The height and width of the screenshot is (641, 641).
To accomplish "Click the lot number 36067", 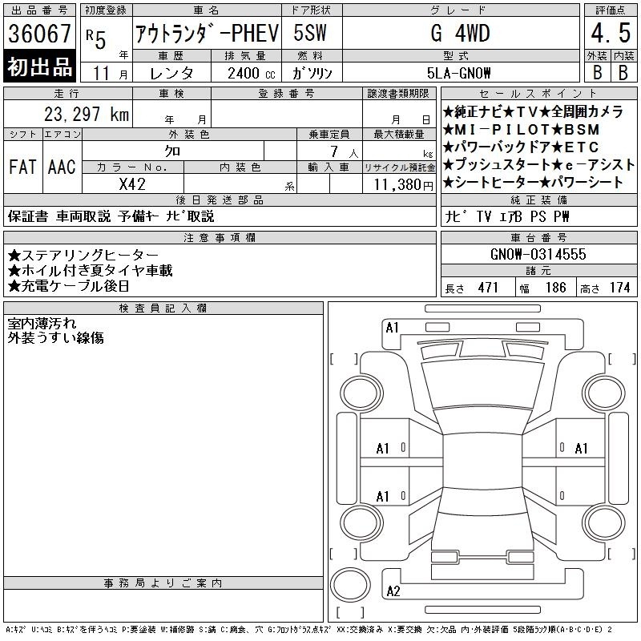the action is (x=39, y=33).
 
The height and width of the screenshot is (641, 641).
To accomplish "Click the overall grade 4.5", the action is (x=611, y=33).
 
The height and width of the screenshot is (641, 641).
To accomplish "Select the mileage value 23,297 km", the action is (x=87, y=114).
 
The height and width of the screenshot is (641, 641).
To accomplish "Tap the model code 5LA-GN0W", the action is (x=458, y=73).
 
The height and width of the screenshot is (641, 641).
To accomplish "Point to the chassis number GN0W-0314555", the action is (x=538, y=254).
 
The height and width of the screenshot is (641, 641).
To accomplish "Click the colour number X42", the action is (x=132, y=184).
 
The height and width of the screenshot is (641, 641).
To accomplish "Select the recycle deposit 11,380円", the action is (x=404, y=185).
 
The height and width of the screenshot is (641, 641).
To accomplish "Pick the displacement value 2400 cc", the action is (x=252, y=74).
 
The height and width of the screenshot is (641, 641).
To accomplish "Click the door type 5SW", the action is (x=310, y=33).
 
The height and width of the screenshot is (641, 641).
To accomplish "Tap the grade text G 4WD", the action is (x=460, y=33).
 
